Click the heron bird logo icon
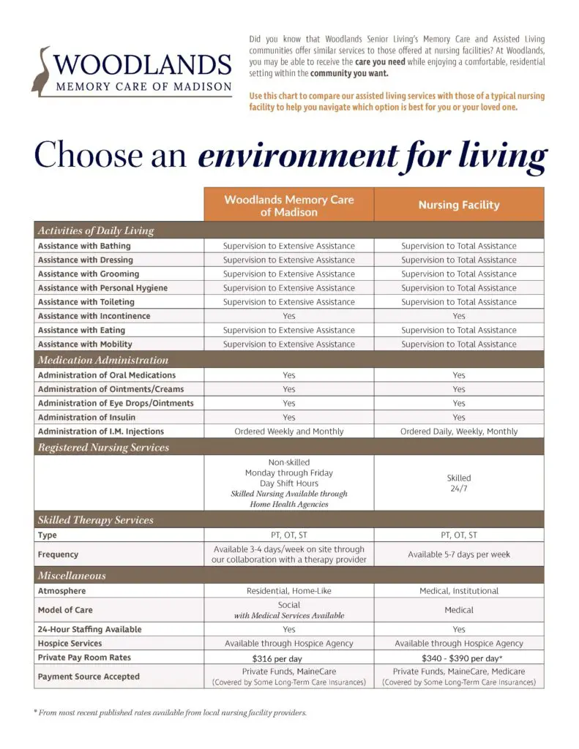[42, 71]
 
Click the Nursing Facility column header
[459, 205]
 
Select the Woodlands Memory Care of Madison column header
[288, 205]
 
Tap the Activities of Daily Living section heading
[96, 231]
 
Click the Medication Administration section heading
[103, 360]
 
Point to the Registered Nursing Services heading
[103, 447]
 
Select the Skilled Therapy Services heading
[96, 520]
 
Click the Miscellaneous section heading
[72, 576]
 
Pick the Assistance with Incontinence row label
[94, 316]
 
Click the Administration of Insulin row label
[86, 417]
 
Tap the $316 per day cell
[288, 658]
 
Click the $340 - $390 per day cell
[459, 658]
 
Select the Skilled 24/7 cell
[459, 483]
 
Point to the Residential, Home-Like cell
[288, 591]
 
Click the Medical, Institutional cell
[459, 591]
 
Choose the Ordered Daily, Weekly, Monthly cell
[459, 432]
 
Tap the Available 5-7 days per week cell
[459, 554]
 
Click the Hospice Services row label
[70, 644]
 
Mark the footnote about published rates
[170, 712]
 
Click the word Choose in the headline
[78, 155]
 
